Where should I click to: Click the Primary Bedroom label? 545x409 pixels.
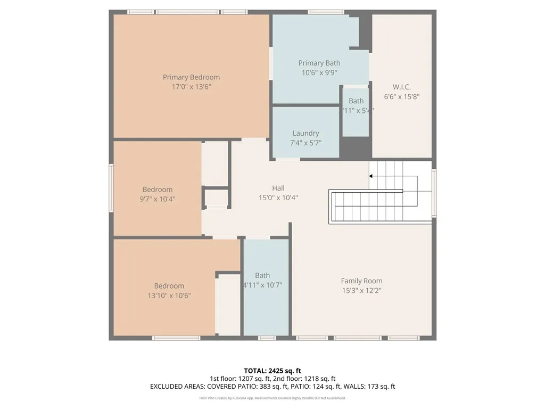pos(191,77)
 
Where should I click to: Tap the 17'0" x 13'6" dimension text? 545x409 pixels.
pos(191,86)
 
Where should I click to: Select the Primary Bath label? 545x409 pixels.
pos(319,63)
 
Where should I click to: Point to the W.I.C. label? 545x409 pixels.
pos(401,87)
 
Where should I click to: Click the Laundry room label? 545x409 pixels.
pos(305,133)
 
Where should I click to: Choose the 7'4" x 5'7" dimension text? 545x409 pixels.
pos(305,143)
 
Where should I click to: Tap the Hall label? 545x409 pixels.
pos(278,188)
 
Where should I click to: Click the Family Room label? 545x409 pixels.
pos(361,281)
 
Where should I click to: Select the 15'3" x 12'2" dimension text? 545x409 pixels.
pos(361,290)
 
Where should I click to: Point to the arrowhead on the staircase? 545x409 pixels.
pos(371,176)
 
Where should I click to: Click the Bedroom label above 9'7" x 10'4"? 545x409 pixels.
pos(157,190)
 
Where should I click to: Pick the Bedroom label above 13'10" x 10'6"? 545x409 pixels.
pos(169,286)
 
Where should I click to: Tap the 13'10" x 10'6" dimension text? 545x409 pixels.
pos(169,295)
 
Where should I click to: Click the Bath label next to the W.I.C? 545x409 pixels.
pos(356,101)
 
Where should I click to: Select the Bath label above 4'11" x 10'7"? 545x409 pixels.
pos(262,275)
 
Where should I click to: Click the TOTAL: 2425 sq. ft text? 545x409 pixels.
pos(272,371)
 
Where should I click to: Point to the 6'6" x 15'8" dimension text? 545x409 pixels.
pos(401,96)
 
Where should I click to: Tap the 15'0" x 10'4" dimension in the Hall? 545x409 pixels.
pos(278,198)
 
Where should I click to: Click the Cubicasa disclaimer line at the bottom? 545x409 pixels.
pos(272,398)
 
